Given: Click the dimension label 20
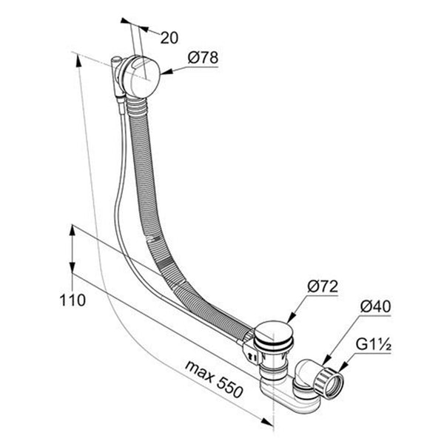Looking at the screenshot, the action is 169,38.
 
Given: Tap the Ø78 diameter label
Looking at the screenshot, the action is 203,58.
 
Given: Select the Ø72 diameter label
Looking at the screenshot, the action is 323,286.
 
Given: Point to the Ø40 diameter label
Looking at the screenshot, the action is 375,306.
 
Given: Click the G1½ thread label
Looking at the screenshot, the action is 374,345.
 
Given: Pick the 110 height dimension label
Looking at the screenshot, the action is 73,300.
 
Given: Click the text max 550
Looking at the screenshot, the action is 214,380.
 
